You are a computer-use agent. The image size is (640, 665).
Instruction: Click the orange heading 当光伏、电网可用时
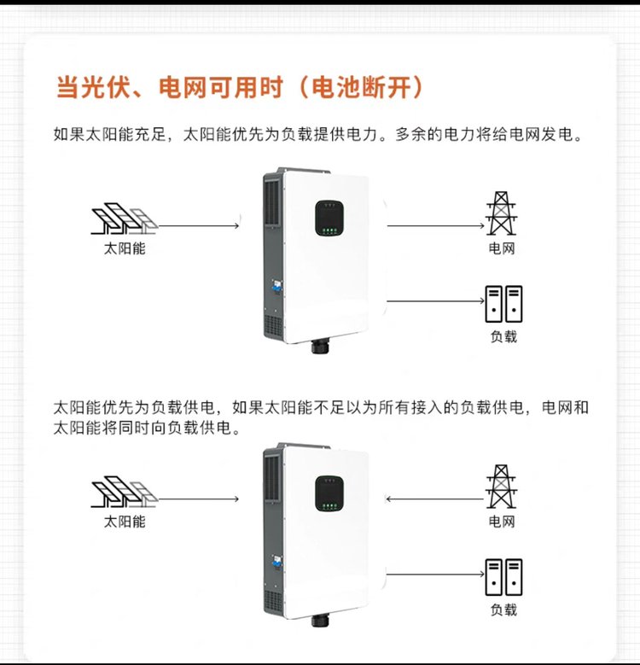[170, 88]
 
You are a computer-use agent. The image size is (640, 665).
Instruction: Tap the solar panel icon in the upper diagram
[125, 219]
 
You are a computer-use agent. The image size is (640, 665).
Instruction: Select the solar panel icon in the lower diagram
[125, 492]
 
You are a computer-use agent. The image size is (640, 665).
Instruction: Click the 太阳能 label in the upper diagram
[125, 248]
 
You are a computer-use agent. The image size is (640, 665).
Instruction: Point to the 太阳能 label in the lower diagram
[125, 522]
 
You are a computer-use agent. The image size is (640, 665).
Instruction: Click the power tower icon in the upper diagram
[502, 213]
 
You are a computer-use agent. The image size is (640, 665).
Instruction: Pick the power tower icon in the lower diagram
[502, 487]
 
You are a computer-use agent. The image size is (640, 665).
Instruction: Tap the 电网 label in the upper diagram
[502, 248]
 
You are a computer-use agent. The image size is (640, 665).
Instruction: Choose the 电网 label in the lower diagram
[502, 522]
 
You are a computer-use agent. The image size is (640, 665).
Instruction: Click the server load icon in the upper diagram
[503, 304]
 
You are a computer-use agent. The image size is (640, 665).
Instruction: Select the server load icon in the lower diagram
[503, 577]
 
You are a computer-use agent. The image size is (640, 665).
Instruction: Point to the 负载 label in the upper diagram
[504, 336]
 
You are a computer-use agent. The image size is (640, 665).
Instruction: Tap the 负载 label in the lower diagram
[504, 610]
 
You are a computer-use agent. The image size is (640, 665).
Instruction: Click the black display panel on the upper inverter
[329, 218]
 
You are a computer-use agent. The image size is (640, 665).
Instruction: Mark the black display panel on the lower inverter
[329, 493]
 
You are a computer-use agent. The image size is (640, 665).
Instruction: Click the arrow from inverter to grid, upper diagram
[436, 225]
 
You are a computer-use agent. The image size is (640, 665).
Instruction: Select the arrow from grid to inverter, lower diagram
[435, 499]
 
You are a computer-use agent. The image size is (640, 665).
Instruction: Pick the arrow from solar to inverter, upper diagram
[199, 225]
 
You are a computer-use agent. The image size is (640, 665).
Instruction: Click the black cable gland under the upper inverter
[318, 346]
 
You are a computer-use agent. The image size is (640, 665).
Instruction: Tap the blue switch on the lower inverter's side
[277, 563]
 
